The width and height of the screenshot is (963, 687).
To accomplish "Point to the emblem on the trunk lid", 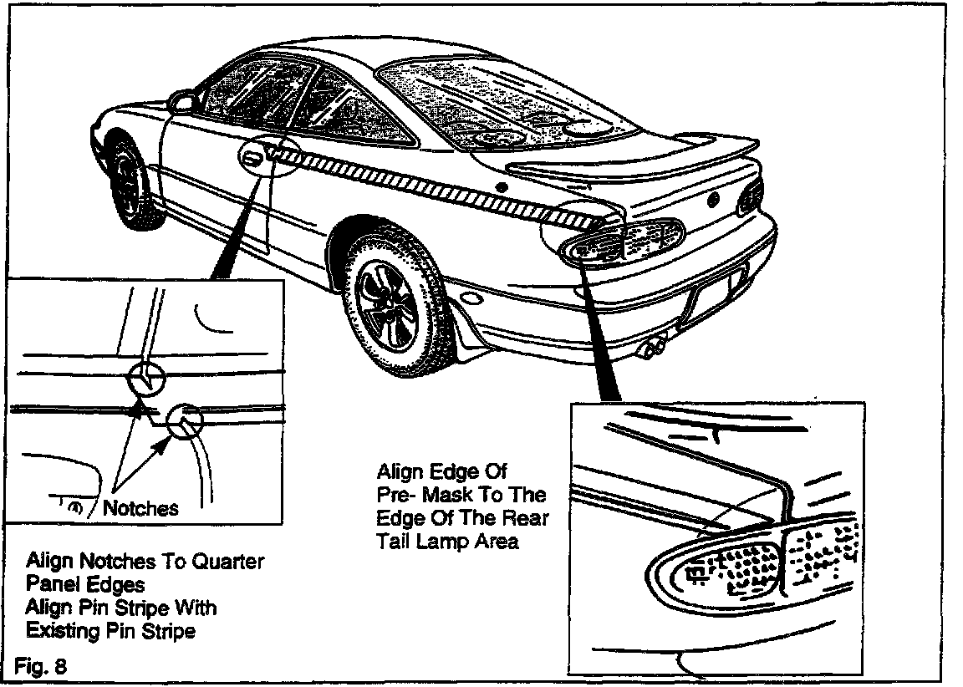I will tap(713, 200).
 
